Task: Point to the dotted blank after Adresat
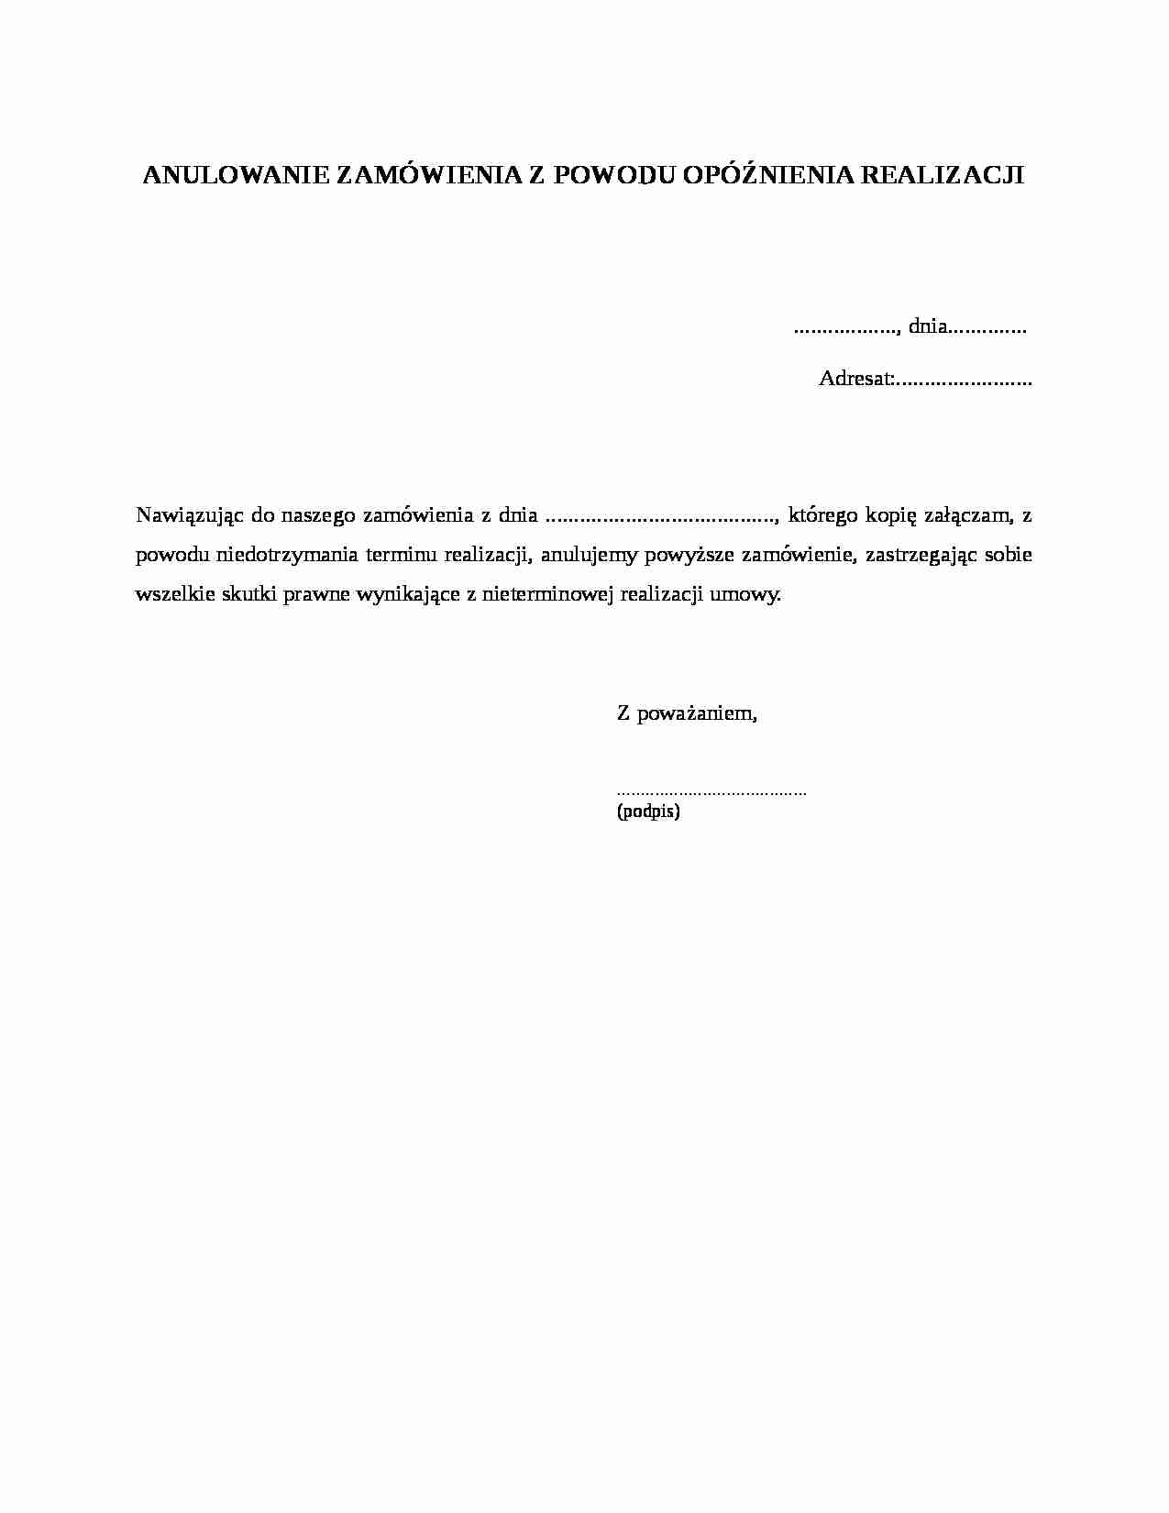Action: pos(964,380)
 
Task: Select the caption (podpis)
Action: pos(648,812)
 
